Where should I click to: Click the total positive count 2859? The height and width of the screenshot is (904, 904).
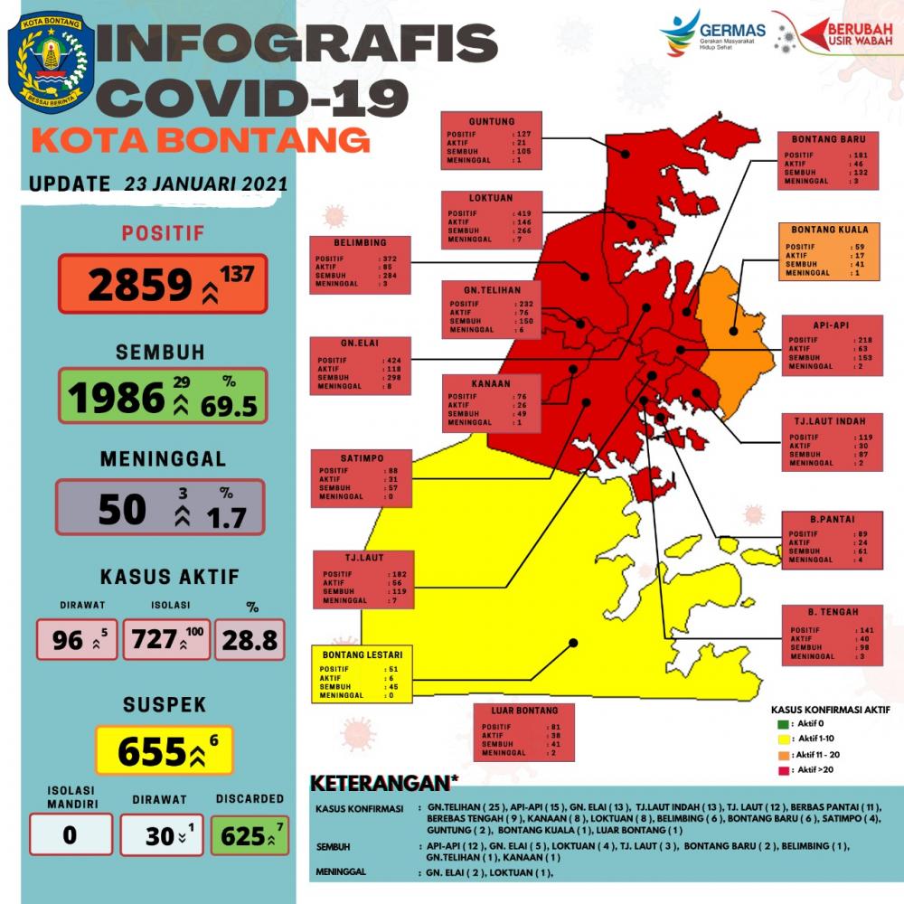(x=140, y=285)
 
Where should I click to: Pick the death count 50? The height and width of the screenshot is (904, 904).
(x=121, y=509)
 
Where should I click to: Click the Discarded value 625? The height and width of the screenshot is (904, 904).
(x=242, y=836)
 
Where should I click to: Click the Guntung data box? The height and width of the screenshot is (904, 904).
(x=492, y=140)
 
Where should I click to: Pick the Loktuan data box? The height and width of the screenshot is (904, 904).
(x=492, y=218)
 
